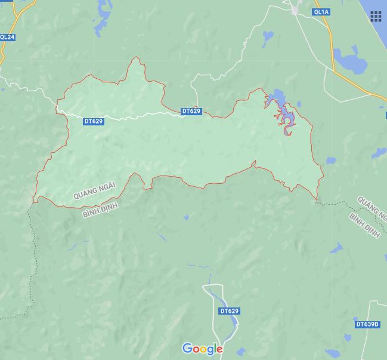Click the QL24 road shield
coord(8,37)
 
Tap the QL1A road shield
coord(320,12)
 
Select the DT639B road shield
coord(367,324)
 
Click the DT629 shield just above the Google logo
coord(229,311)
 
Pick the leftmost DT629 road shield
coord(94,121)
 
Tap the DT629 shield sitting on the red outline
coord(191,111)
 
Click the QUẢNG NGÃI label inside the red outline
coord(94,188)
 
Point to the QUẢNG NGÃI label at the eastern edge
coord(371,207)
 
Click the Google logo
coord(202,349)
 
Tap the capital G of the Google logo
coord(187,348)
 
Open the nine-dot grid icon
coord(376,16)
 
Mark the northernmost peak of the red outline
coord(137,58)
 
